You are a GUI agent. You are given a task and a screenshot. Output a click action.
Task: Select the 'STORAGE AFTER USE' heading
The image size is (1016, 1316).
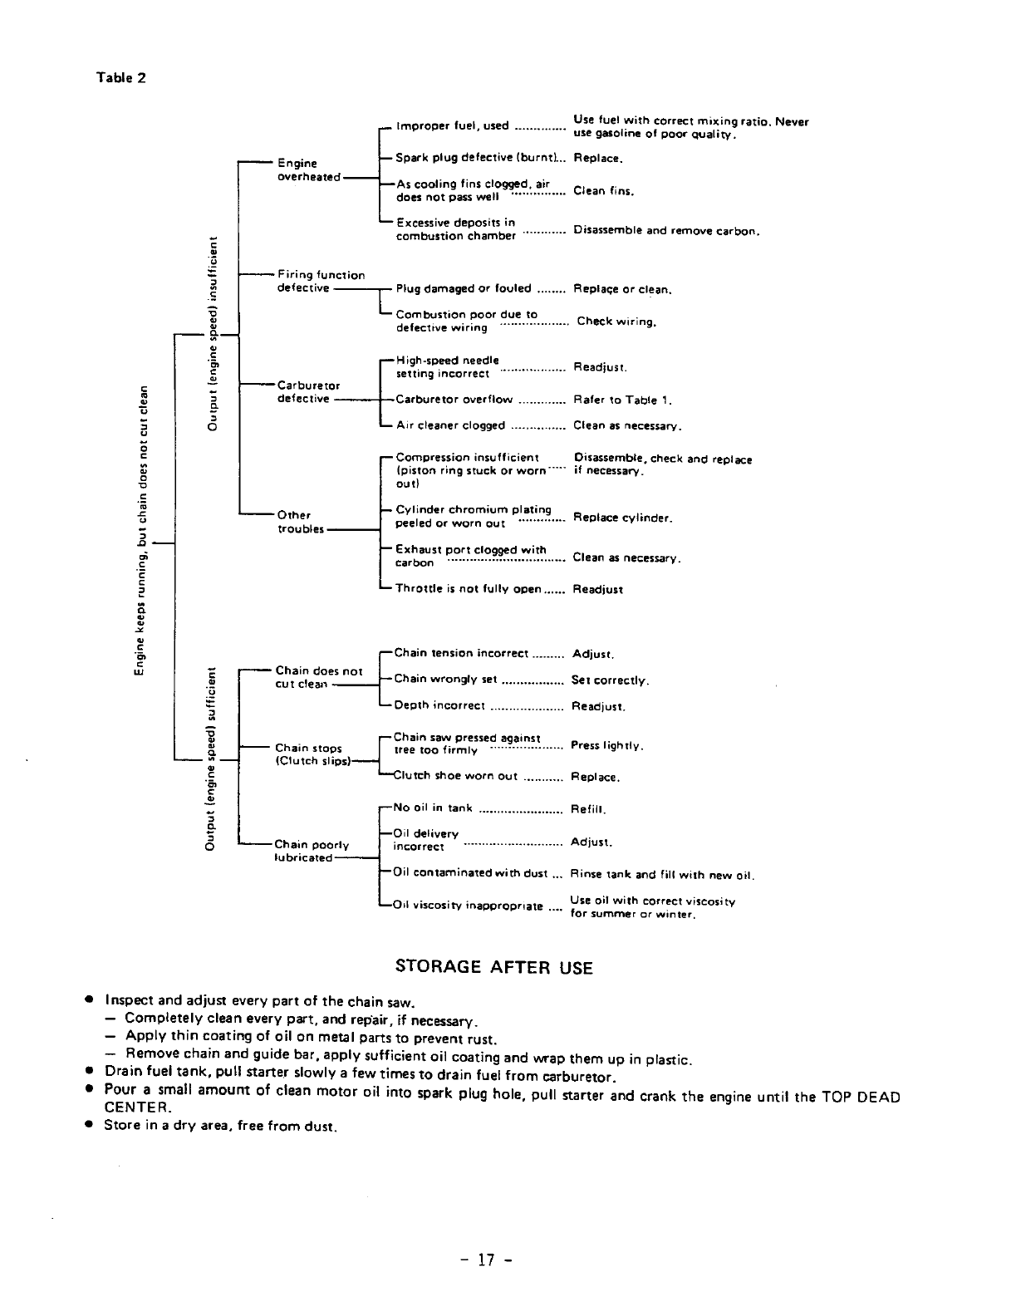click(x=493, y=967)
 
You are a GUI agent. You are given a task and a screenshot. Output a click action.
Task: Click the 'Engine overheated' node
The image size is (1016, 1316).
click(x=308, y=170)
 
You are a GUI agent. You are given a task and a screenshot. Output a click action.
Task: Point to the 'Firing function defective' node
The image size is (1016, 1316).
click(x=320, y=282)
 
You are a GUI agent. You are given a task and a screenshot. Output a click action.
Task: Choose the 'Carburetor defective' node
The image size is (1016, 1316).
click(x=308, y=392)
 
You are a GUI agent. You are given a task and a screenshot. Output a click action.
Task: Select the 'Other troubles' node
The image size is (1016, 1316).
click(x=300, y=522)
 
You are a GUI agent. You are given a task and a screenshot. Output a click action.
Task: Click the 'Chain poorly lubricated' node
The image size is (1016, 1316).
click(x=312, y=852)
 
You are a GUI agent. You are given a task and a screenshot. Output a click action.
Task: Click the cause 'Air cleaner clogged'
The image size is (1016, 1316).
click(x=450, y=425)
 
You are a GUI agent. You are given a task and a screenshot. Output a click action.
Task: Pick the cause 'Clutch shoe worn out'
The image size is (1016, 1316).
click(x=455, y=776)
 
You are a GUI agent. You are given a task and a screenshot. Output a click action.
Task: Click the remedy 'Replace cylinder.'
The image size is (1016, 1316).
click(x=622, y=518)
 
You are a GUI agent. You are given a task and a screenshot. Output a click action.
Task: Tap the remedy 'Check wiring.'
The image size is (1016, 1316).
click(x=616, y=322)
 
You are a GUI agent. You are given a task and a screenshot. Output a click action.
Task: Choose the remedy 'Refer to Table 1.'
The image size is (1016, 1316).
click(x=622, y=400)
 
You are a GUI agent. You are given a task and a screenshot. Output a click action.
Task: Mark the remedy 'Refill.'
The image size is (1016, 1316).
click(x=589, y=808)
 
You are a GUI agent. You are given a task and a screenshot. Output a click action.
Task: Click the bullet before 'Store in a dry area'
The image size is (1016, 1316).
click(x=86, y=1127)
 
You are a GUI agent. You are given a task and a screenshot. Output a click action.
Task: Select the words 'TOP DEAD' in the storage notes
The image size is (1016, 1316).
click(x=861, y=1097)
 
